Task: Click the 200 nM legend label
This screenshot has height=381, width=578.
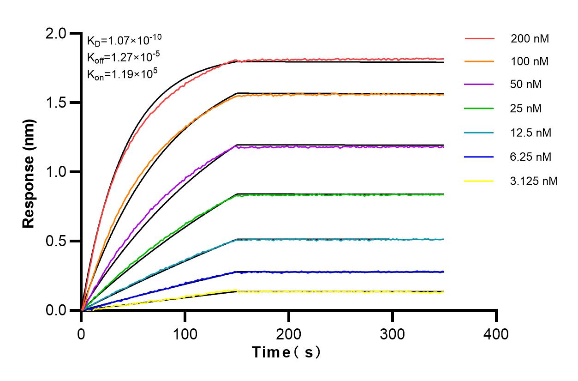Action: pyautogui.click(x=530, y=39)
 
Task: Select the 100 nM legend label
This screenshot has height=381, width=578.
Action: pyautogui.click(x=530, y=61)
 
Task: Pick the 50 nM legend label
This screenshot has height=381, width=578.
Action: pyautogui.click(x=526, y=85)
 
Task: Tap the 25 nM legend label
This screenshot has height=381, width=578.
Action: pyautogui.click(x=526, y=109)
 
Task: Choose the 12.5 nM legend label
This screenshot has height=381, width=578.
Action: pyautogui.click(x=531, y=133)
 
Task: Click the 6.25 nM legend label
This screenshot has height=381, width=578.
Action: pyautogui.click(x=531, y=157)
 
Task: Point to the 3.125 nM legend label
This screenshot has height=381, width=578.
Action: pyautogui.click(x=534, y=181)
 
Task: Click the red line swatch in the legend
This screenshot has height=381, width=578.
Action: pyautogui.click(x=479, y=38)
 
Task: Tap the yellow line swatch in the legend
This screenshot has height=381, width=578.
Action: pyautogui.click(x=479, y=181)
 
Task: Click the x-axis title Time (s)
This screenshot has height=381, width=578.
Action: pyautogui.click(x=286, y=353)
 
